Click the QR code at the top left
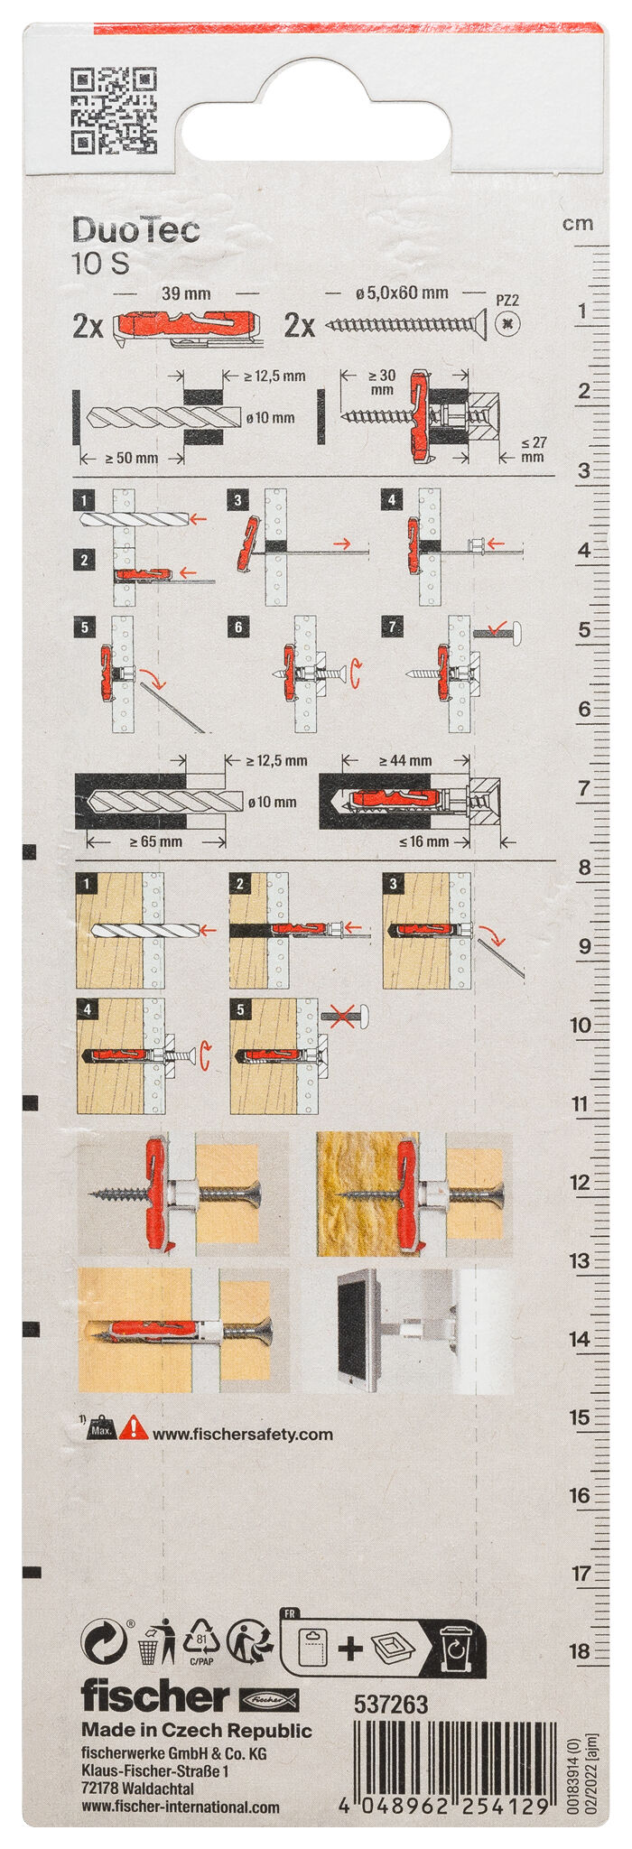[113, 110]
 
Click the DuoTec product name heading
[135, 231]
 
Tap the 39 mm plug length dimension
[185, 293]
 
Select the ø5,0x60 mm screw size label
[402, 293]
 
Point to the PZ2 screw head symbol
[508, 322]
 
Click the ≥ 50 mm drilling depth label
[131, 458]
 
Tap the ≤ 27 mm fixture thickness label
[534, 449]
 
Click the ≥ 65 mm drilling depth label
[155, 841]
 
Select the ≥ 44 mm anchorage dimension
[405, 761]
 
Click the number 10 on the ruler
[581, 1025]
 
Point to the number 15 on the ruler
[580, 1417]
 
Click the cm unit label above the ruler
[578, 223]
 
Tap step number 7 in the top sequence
[392, 627]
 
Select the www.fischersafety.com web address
[242, 1434]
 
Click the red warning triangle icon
[133, 1427]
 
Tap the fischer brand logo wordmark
[155, 1696]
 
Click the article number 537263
[391, 1704]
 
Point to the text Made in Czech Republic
[197, 1730]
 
